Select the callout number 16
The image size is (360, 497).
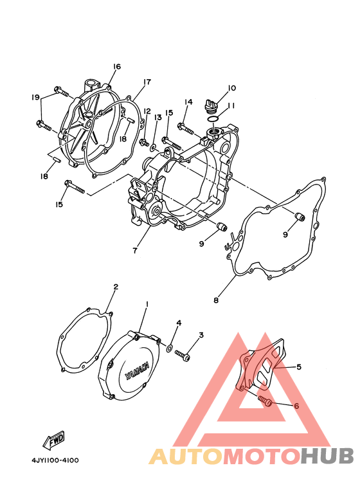click(x=116, y=67)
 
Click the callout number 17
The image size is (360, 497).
click(x=147, y=82)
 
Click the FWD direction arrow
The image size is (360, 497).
click(x=54, y=440)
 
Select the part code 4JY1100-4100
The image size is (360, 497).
click(x=55, y=460)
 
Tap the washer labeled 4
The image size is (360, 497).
click(x=170, y=348)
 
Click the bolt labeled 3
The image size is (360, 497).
click(x=182, y=355)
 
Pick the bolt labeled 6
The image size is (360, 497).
click(x=265, y=401)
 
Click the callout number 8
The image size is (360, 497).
click(x=216, y=300)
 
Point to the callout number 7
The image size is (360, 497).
click(x=135, y=251)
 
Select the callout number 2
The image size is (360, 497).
click(x=116, y=287)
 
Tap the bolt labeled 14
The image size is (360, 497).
click(x=185, y=128)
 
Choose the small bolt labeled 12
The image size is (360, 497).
click(x=144, y=143)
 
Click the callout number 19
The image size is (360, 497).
click(x=35, y=97)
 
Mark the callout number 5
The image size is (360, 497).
click(x=298, y=366)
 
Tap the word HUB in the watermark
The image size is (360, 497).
click(x=327, y=456)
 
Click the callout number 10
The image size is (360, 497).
click(x=232, y=88)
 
